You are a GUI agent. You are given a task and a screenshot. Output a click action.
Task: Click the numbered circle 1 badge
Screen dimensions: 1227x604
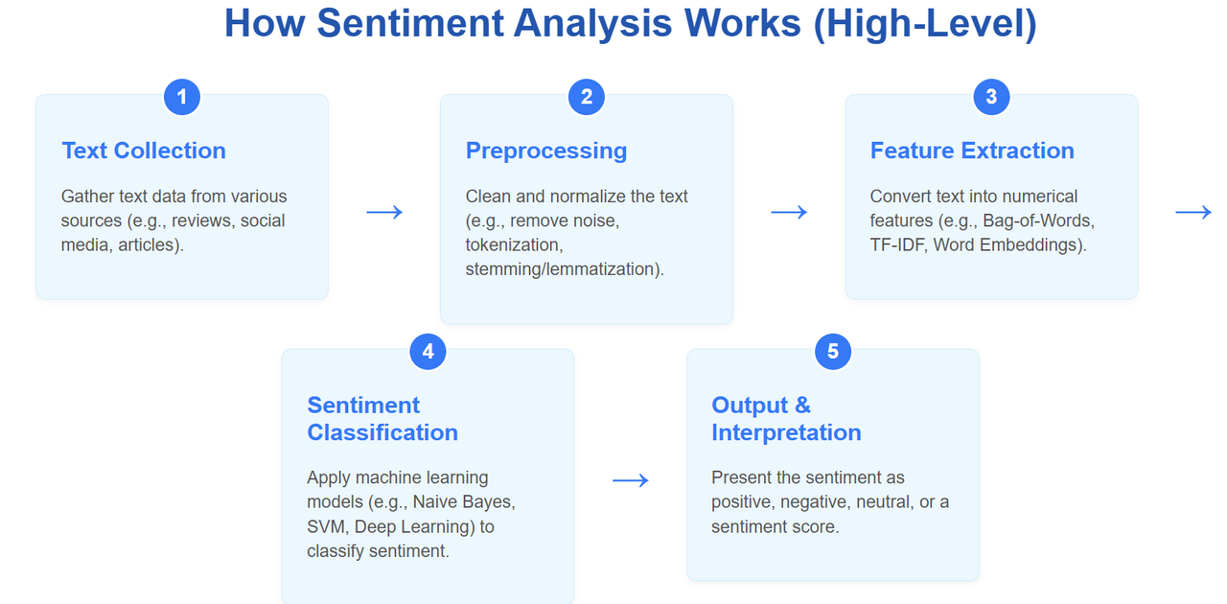click(182, 97)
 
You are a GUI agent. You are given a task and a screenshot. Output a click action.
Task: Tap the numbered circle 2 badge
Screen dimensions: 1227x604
click(586, 97)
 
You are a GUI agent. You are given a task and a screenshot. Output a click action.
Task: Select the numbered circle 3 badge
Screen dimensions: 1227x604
click(991, 97)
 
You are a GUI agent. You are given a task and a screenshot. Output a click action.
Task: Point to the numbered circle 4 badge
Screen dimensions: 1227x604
click(428, 351)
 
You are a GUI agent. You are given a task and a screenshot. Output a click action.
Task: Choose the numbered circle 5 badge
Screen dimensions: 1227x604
click(833, 351)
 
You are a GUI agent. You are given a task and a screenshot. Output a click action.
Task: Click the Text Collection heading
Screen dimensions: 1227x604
click(144, 151)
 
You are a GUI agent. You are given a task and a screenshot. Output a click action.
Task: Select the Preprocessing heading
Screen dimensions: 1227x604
click(546, 151)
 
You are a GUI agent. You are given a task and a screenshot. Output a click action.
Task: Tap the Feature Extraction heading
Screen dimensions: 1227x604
click(972, 151)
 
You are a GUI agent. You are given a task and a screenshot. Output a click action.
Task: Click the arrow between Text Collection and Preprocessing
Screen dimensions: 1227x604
click(384, 212)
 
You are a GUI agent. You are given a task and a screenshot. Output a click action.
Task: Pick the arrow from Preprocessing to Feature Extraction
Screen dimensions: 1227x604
click(789, 212)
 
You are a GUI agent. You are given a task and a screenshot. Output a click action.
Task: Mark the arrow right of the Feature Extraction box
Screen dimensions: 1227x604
click(1193, 212)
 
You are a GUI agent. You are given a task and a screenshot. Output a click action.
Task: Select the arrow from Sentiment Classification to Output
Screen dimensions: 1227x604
click(631, 480)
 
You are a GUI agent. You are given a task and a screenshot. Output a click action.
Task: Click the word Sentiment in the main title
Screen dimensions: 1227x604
click(410, 24)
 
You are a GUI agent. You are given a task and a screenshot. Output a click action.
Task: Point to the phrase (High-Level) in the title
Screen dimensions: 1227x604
click(925, 25)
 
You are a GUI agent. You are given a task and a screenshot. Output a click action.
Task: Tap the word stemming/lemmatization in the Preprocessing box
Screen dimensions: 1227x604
click(565, 269)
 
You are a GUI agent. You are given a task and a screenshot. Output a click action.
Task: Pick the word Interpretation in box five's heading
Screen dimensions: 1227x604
click(787, 433)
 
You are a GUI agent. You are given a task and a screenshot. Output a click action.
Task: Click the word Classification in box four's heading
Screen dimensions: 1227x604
click(382, 432)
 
